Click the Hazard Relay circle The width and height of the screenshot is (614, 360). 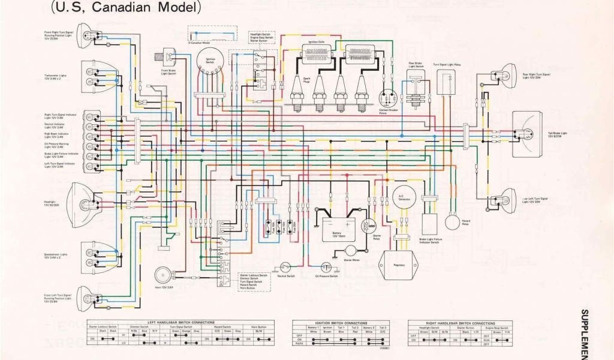pyautogui.click(x=453, y=221)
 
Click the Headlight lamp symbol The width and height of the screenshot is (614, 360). pyautogui.click(x=84, y=201)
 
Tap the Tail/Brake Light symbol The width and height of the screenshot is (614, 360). pyautogui.click(x=529, y=134)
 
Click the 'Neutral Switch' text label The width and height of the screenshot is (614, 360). pyautogui.click(x=286, y=276)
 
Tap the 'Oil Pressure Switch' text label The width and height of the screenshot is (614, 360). pyautogui.click(x=326, y=276)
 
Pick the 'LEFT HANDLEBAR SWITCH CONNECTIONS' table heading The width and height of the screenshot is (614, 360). pyautogui.click(x=179, y=322)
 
